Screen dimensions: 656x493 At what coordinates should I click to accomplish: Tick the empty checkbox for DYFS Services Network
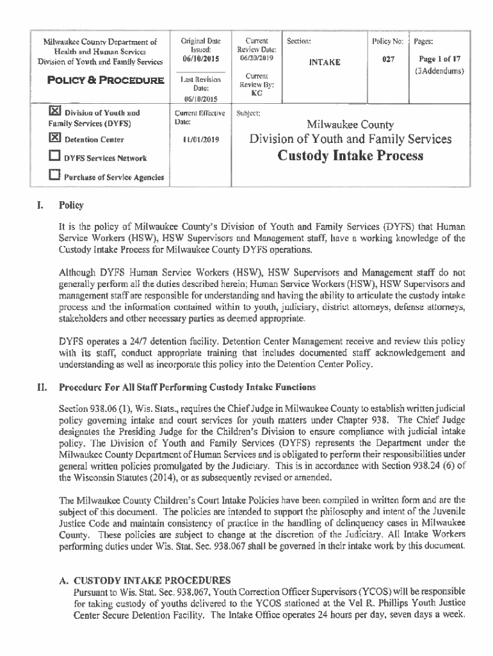(54, 157)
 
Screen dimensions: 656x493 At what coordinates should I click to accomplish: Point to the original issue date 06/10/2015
(200, 58)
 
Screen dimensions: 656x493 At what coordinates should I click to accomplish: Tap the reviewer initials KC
(256, 92)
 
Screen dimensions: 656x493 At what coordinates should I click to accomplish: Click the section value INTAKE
(325, 63)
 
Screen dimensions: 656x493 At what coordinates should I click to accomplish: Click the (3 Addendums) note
(439, 70)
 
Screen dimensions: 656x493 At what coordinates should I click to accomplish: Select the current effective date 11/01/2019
(200, 139)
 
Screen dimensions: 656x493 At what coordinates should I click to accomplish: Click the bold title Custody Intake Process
(350, 156)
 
